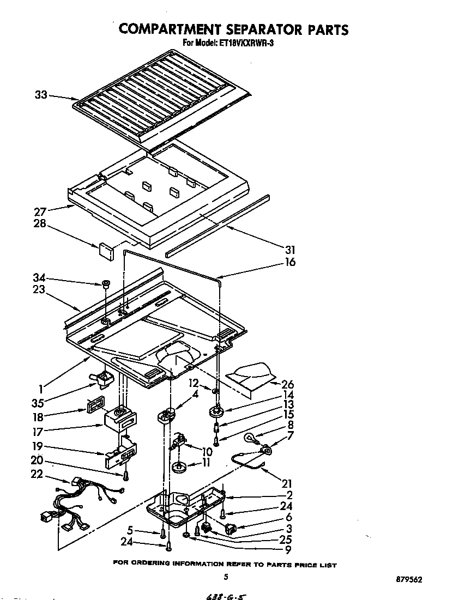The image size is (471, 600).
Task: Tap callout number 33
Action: click(x=41, y=95)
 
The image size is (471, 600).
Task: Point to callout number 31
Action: click(x=290, y=250)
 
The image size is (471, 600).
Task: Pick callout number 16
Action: click(x=290, y=262)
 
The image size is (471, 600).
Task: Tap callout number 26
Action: click(x=288, y=384)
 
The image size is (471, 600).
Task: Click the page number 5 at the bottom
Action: click(x=226, y=577)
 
